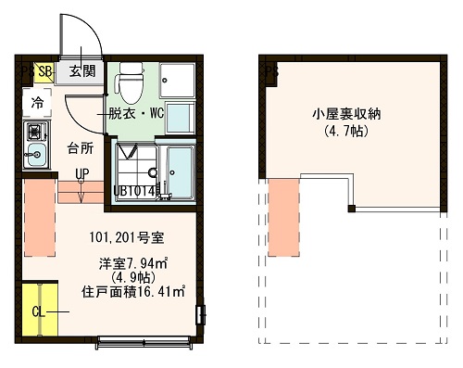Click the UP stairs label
[81, 173]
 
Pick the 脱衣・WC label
[135, 115]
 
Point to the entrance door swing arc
[88, 37]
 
